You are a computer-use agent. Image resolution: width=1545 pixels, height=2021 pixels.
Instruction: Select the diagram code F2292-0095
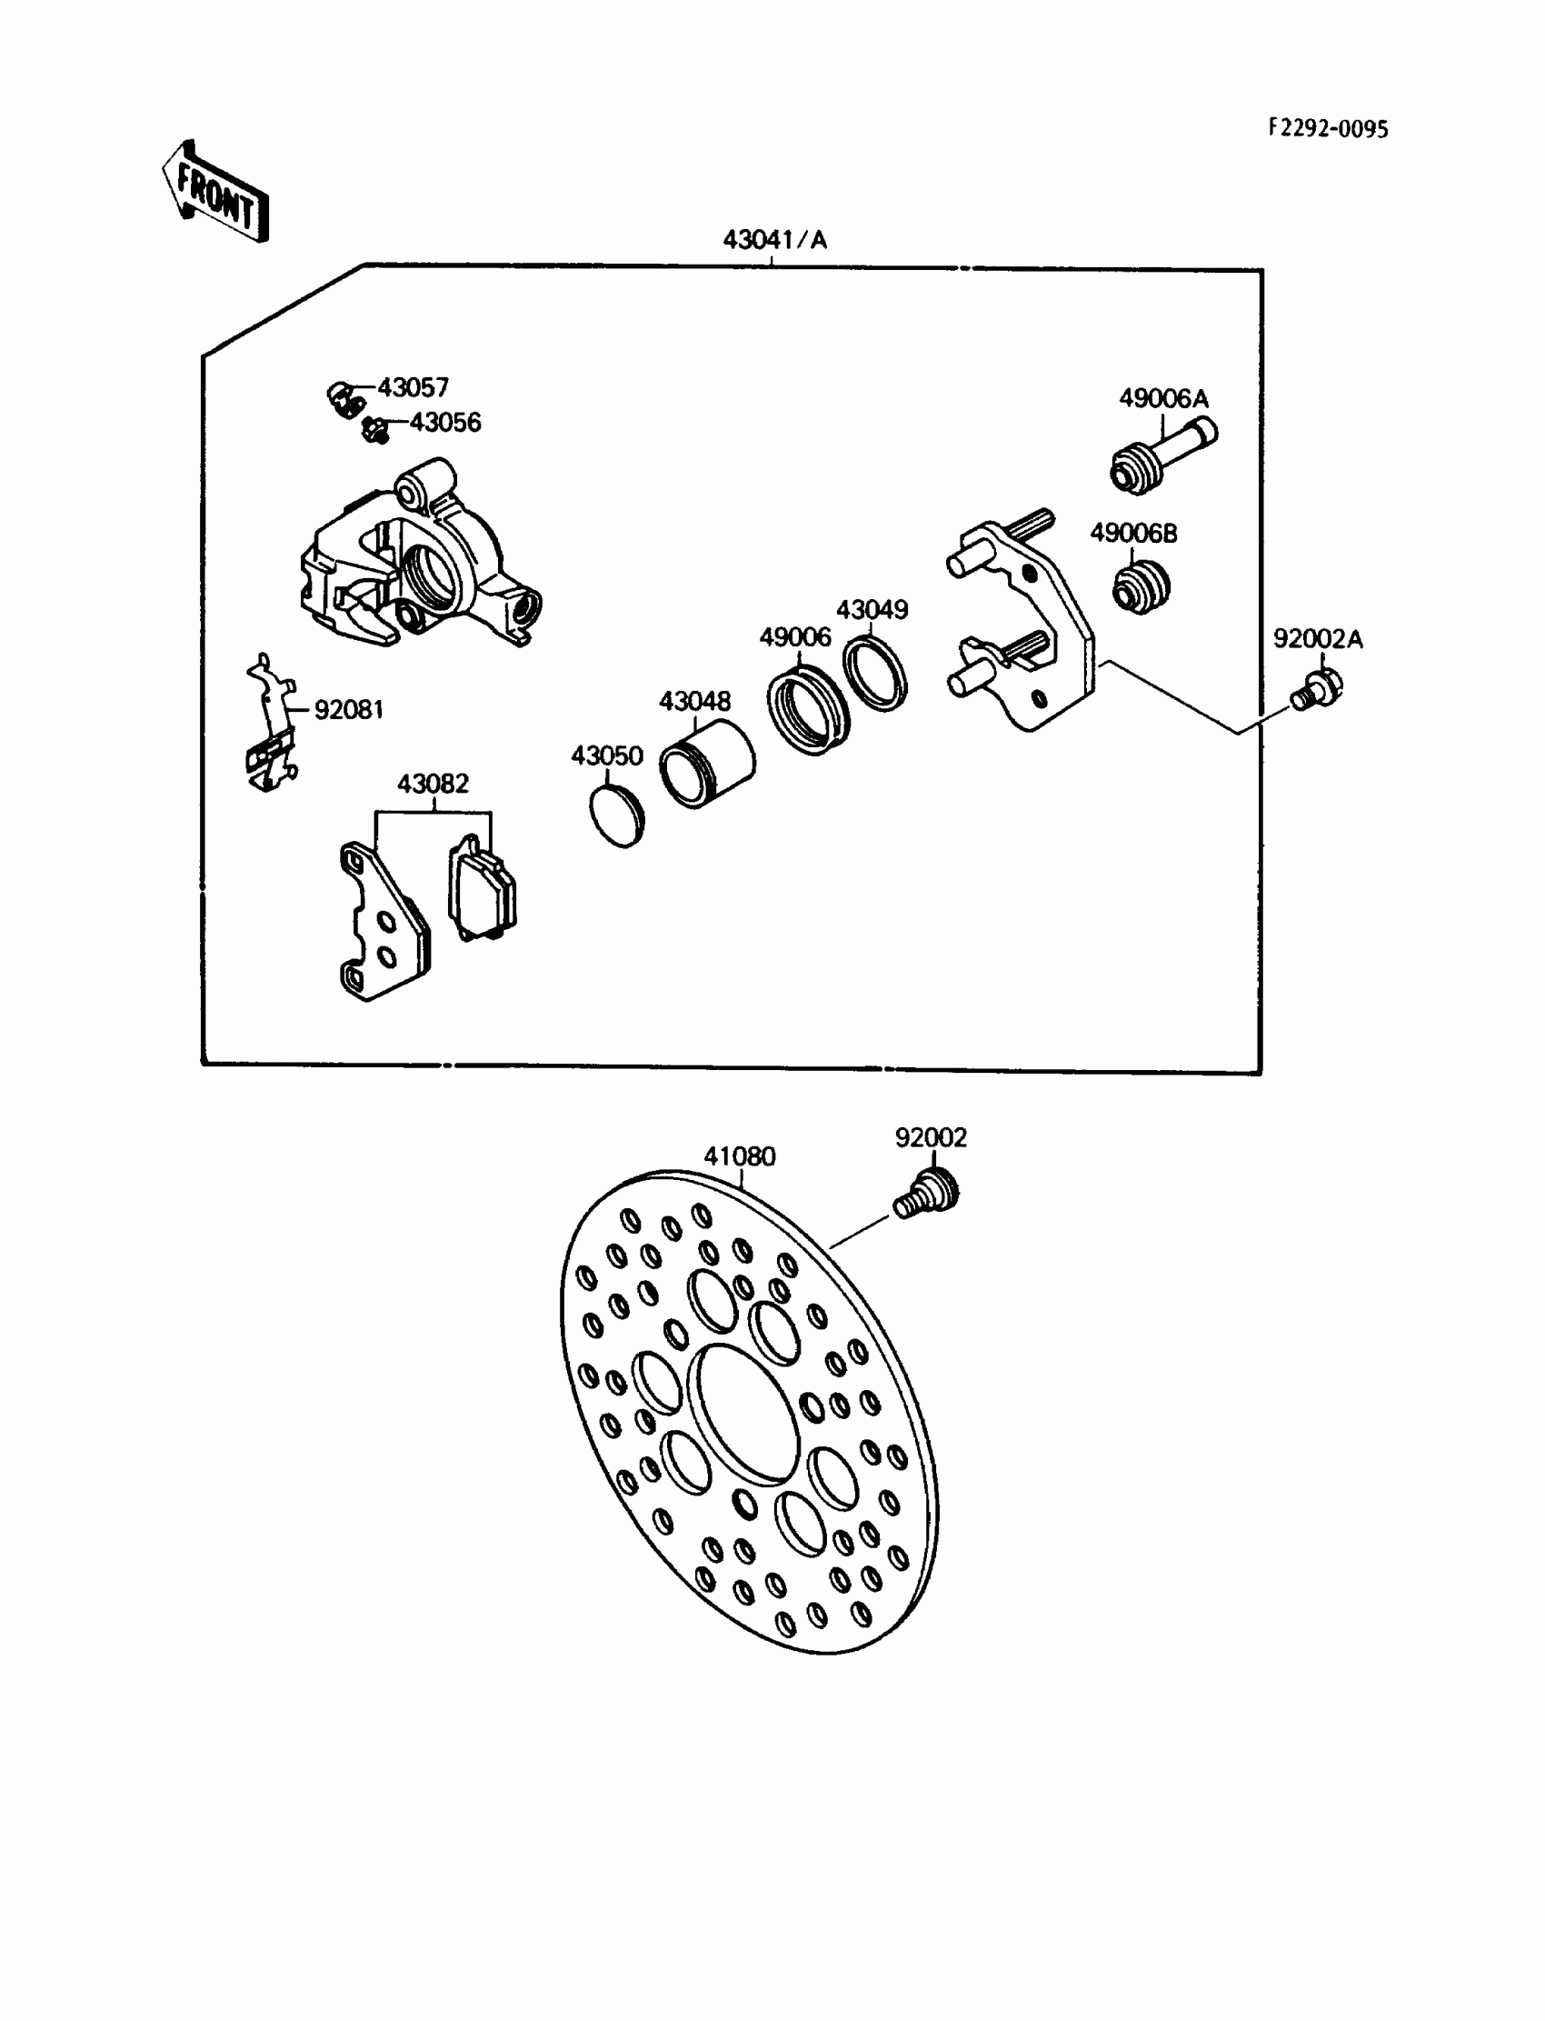1328,129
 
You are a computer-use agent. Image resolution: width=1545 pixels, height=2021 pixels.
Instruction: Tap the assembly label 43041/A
774,240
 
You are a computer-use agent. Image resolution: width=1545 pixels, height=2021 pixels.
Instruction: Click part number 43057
413,387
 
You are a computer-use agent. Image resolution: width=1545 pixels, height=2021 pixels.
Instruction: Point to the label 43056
445,422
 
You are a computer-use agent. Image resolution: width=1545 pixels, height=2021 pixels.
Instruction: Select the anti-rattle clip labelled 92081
272,726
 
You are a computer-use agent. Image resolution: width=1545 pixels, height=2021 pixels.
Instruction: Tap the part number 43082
433,784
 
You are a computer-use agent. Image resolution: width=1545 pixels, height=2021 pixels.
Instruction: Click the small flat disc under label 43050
616,815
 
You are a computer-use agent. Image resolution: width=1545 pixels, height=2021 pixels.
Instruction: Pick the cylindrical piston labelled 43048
708,763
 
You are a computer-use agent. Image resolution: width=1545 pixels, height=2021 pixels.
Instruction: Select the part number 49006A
1163,398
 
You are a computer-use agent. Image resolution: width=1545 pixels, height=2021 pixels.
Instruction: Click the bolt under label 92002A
1317,690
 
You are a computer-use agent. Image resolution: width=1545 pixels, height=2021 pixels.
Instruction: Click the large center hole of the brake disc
744,1414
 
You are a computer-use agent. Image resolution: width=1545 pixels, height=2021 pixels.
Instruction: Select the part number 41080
740,1156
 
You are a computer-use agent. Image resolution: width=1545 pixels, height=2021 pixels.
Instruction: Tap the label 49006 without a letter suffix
794,636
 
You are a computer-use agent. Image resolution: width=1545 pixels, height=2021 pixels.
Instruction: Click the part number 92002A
1317,638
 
